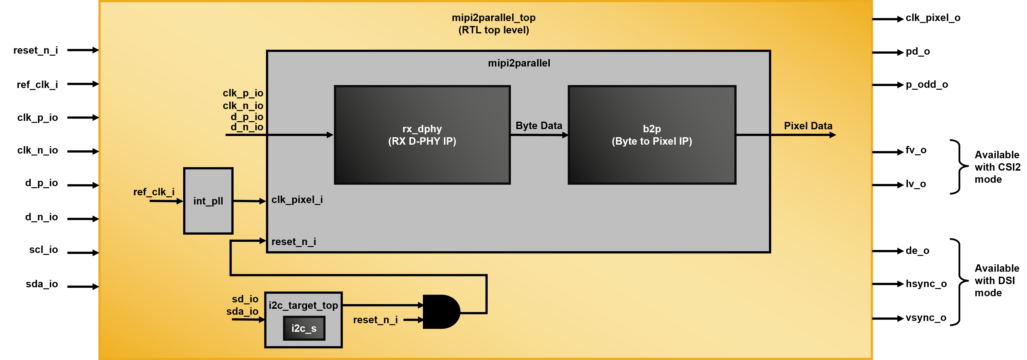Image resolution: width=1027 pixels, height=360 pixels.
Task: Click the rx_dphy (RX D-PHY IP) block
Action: click(x=422, y=135)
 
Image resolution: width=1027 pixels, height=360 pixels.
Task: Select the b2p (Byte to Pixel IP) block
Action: click(x=652, y=135)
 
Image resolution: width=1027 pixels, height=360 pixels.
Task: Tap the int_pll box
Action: click(x=208, y=201)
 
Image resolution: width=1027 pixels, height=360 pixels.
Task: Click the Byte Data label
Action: click(x=539, y=126)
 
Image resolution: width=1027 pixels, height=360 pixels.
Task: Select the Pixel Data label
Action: click(x=808, y=126)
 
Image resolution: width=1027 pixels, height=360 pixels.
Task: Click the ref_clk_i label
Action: click(x=154, y=192)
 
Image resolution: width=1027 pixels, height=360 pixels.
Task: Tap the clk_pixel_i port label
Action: click(x=297, y=200)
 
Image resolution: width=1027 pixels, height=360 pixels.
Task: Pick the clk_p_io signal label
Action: click(x=243, y=93)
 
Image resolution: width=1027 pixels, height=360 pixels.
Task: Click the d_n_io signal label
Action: click(x=247, y=127)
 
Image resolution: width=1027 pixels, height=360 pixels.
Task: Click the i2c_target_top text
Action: click(x=303, y=305)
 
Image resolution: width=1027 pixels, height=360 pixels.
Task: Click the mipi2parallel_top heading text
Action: click(x=494, y=18)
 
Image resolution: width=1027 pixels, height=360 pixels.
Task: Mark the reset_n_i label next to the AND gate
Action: click(x=375, y=320)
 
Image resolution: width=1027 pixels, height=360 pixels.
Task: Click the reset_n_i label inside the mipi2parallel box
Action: click(x=294, y=242)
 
